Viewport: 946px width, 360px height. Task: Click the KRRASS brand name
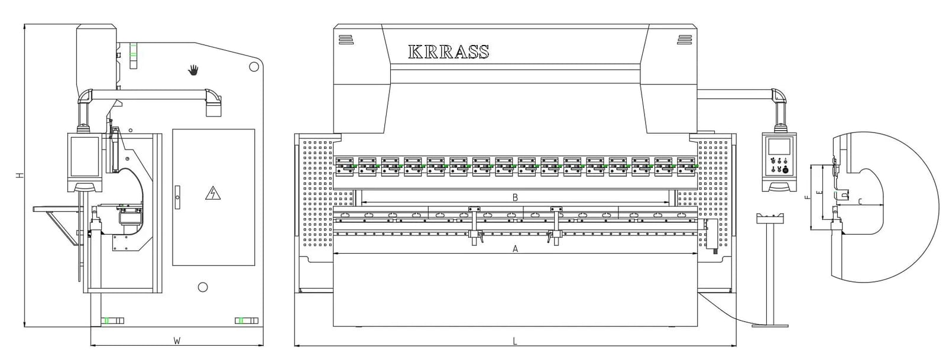pyautogui.click(x=449, y=51)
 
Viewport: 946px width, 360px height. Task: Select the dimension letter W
pyautogui.click(x=177, y=340)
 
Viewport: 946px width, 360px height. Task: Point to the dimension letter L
pyautogui.click(x=515, y=341)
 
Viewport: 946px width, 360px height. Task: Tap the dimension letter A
pyautogui.click(x=515, y=249)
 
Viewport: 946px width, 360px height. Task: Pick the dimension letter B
pyautogui.click(x=515, y=197)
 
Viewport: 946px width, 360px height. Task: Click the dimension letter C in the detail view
pyautogui.click(x=860, y=202)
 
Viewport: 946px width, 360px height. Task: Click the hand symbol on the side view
pyautogui.click(x=193, y=70)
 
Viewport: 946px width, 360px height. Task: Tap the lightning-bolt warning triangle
pyautogui.click(x=213, y=193)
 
